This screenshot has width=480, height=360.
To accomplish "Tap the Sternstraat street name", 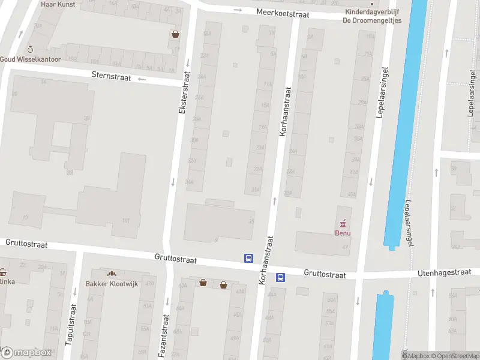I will [x=112, y=76].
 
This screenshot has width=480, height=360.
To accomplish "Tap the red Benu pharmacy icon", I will [x=344, y=223].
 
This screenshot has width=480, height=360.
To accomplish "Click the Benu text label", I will [x=343, y=233].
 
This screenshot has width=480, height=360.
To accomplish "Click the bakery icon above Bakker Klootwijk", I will [x=112, y=274].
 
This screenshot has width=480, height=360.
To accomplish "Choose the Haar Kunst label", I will [x=57, y=4].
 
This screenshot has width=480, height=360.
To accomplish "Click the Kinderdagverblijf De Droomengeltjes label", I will [x=372, y=16].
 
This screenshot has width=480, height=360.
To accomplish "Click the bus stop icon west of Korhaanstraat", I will [x=248, y=258].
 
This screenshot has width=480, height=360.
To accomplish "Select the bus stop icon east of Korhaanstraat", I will [x=280, y=277].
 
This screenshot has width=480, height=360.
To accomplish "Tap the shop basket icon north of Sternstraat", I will [x=175, y=34].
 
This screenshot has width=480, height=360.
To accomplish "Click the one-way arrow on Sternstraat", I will [x=142, y=79].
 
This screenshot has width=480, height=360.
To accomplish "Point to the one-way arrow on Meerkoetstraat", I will [x=238, y=10].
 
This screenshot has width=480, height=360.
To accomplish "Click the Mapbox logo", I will [x=26, y=352].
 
